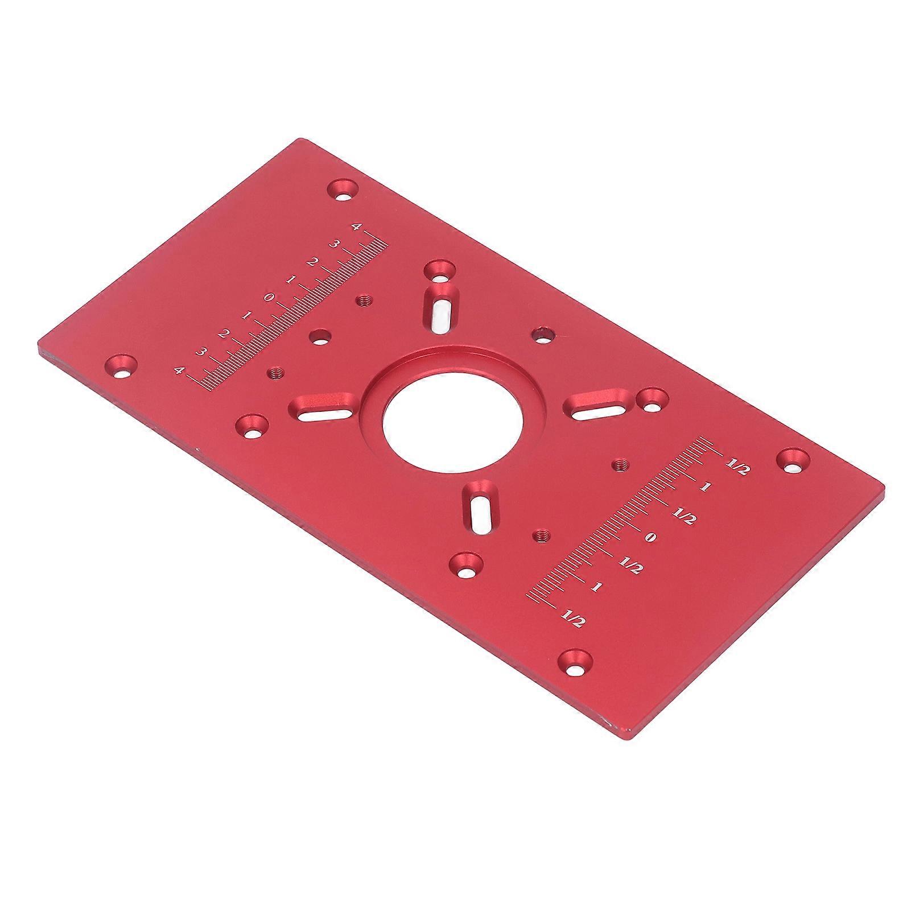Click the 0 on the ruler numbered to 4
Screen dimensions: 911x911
coord(270,297)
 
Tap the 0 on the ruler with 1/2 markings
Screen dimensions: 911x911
coord(652,538)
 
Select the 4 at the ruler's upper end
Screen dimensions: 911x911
coord(356,227)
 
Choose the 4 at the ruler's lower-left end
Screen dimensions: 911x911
coord(180,371)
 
